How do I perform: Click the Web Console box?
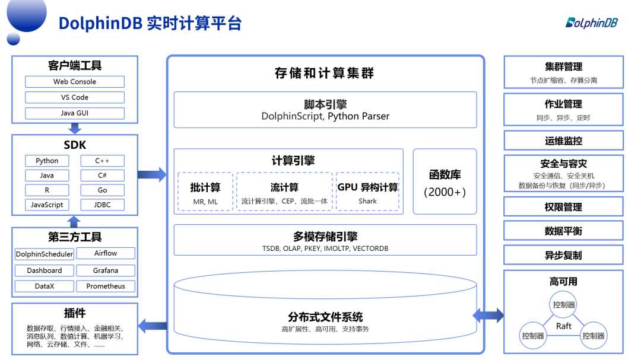75,82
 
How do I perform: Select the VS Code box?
75,97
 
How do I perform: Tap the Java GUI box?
75,113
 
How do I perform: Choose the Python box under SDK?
47,161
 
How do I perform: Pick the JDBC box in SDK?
103,205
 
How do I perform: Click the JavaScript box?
47,205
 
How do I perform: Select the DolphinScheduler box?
45,254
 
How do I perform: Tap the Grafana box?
106,270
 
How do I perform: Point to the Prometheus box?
106,286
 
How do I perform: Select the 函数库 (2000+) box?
445,181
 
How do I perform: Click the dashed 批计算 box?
205,192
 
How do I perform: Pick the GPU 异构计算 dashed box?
368,192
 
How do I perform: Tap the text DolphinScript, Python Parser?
325,116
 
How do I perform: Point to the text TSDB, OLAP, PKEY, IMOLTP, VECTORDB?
325,249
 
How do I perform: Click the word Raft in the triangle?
563,326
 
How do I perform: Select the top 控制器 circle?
563,304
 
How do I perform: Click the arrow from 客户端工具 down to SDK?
75,128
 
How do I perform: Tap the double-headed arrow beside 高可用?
488,315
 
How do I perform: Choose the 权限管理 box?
563,207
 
